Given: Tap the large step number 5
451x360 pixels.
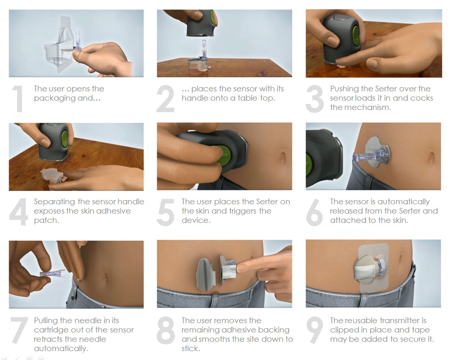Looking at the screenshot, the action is [x=166, y=212].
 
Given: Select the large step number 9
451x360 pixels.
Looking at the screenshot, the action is [x=314, y=330].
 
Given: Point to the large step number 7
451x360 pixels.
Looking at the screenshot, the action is [x=19, y=330].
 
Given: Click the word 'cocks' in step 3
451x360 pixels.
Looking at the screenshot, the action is [x=422, y=98].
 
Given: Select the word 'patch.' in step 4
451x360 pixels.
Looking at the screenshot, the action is [x=46, y=221].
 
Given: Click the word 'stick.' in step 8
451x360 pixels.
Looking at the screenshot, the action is [x=191, y=348].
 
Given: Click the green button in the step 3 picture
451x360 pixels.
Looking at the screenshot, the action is [x=356, y=36].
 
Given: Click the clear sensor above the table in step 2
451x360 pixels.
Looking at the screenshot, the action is [x=204, y=49].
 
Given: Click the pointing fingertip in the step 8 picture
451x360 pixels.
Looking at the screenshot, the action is [x=241, y=268].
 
